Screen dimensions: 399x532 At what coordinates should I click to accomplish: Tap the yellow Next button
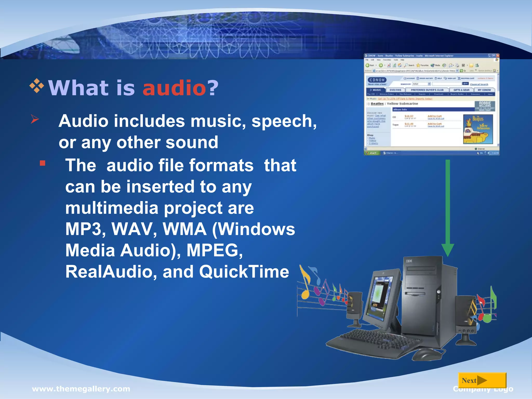click(482, 380)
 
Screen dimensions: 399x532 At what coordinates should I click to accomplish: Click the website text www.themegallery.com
click(81, 389)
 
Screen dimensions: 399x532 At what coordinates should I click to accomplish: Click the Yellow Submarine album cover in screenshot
click(478, 129)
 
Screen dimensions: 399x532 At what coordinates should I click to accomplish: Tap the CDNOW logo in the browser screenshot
click(377, 80)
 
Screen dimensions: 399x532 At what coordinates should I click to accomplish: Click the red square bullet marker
click(43, 163)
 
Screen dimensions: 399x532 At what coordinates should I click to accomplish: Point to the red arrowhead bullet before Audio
click(35, 119)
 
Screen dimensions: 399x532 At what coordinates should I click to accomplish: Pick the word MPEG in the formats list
click(214, 250)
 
